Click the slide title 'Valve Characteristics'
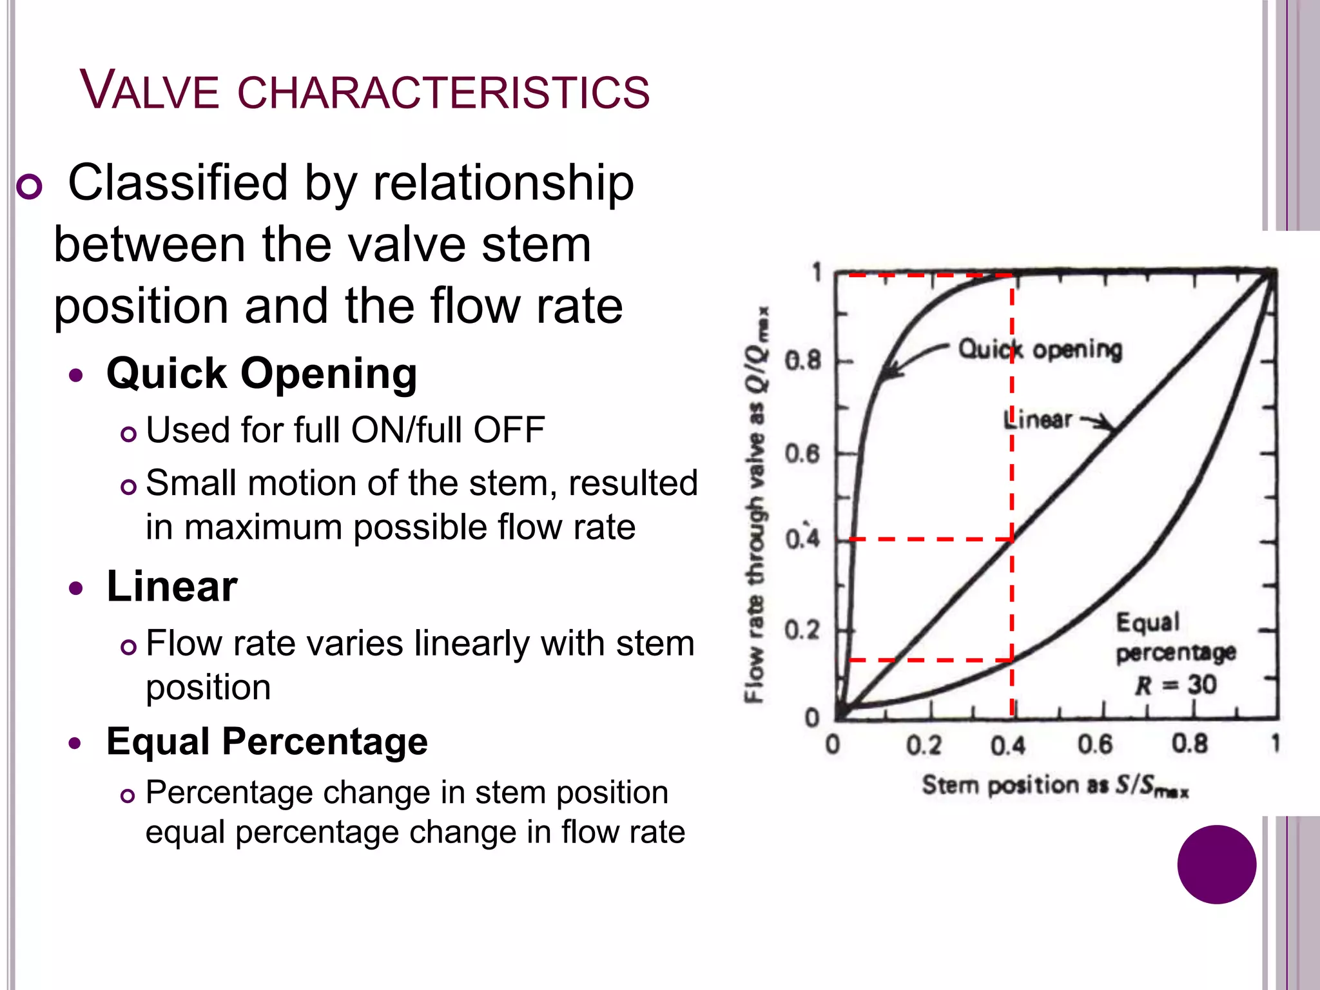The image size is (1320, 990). [x=365, y=91]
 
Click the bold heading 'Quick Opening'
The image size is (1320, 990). [x=262, y=374]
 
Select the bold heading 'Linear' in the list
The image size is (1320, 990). [x=172, y=587]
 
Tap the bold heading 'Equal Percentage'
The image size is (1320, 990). [x=267, y=741]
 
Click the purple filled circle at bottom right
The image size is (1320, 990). [x=1216, y=864]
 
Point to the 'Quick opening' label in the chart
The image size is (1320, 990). [x=1040, y=349]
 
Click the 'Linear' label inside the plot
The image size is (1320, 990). [x=1038, y=420]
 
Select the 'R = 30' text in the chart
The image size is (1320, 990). [x=1175, y=684]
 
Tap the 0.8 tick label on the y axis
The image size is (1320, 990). [x=802, y=360]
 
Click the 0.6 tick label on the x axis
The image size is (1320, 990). [x=1094, y=744]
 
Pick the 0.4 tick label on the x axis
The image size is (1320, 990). [x=1007, y=746]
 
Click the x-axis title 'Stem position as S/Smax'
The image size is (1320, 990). [x=1055, y=786]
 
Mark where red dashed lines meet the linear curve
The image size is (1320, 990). [x=1012, y=539]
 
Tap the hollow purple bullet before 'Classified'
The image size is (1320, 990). [x=29, y=187]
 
